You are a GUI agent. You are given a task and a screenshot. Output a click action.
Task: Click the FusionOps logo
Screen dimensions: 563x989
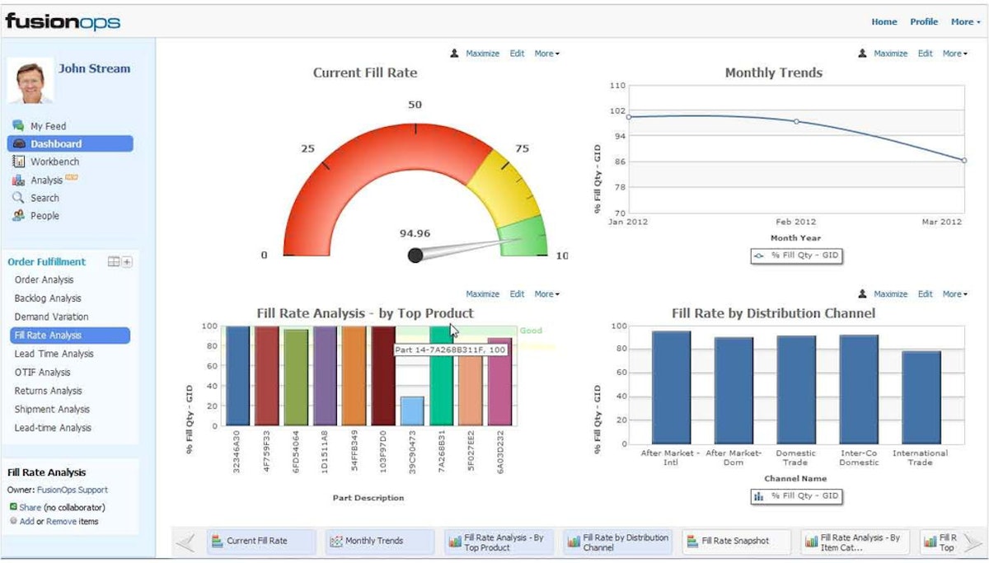[x=63, y=21]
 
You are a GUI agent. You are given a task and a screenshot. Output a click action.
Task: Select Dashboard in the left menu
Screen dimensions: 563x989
[x=56, y=143]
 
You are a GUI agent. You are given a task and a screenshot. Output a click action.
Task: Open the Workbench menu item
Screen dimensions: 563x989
[x=54, y=162]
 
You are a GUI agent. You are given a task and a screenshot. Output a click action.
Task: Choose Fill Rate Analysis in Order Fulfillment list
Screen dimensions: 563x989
[x=48, y=335]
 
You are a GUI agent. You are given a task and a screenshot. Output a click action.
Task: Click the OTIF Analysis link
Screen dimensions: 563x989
[x=42, y=373]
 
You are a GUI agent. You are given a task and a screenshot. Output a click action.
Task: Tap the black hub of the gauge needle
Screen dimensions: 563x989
[x=415, y=256]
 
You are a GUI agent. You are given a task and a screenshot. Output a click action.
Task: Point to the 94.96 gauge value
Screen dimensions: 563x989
[x=415, y=233]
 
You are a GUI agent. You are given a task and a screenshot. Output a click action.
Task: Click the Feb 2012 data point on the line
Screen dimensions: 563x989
[x=796, y=121]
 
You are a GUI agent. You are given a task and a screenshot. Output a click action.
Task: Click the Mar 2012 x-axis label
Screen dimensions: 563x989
[x=940, y=222]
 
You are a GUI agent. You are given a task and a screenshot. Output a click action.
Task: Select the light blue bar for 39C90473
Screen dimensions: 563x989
[x=412, y=411]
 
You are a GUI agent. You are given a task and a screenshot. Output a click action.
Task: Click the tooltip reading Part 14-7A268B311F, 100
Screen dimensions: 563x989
[x=450, y=350]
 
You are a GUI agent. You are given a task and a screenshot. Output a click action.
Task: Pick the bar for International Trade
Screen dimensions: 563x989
[x=921, y=397]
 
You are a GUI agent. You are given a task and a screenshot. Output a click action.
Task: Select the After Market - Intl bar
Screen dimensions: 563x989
[x=671, y=387]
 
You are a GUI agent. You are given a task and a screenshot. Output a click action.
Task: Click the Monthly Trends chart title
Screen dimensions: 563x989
[x=773, y=73]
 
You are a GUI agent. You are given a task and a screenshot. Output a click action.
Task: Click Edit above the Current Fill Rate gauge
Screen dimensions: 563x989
[x=517, y=54]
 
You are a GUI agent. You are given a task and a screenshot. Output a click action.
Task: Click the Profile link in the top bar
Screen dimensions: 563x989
[x=924, y=22]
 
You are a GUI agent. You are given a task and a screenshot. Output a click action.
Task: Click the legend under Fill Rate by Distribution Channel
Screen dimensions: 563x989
[x=796, y=496]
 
